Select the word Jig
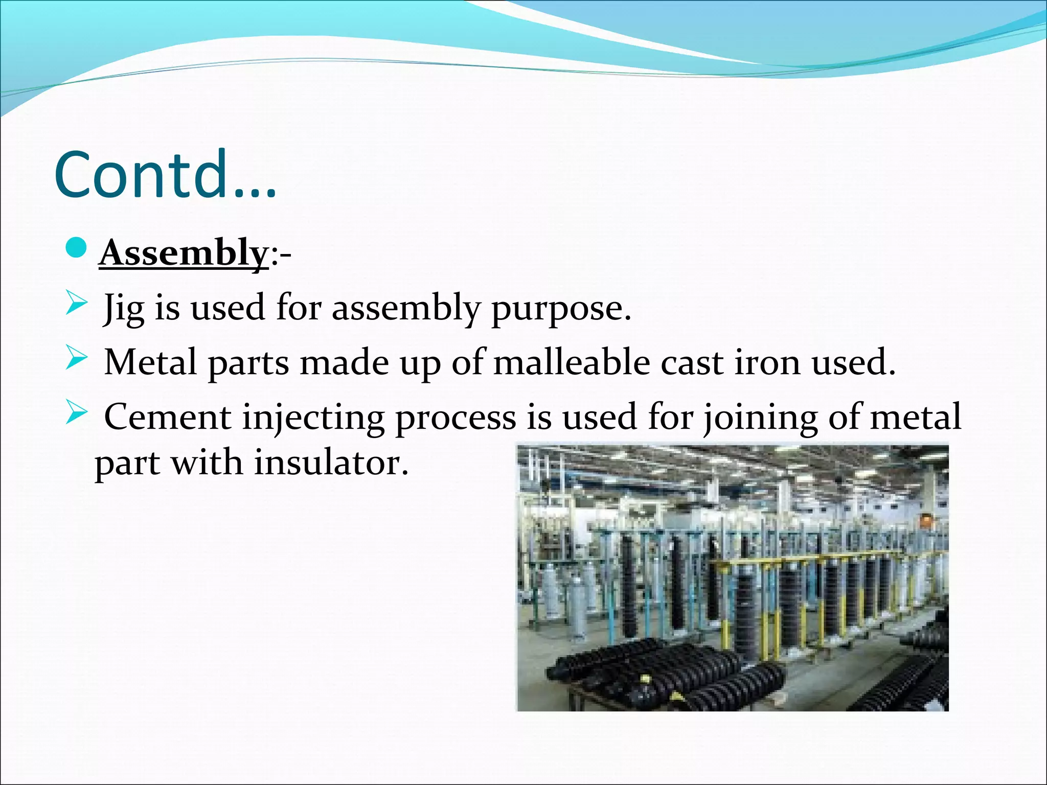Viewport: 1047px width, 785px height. [123, 308]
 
